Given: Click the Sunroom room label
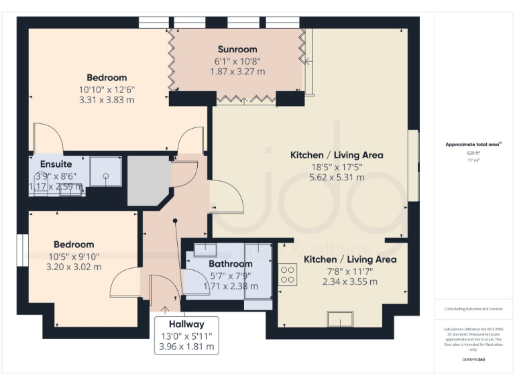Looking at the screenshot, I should pos(237,49).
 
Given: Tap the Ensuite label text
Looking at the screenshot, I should pos(56,164).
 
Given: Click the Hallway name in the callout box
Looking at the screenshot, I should pos(186,324).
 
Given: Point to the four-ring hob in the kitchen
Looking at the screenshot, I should pos(288,274).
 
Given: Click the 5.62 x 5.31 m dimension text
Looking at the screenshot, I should pos(337,178).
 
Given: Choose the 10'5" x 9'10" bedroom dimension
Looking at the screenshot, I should pos(74,256).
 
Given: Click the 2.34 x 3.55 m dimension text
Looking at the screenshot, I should pos(350,281).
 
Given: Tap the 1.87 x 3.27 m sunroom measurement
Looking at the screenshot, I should pos(237,71).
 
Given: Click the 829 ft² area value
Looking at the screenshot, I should pos(474,153).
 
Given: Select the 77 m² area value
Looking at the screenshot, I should pos(474,162).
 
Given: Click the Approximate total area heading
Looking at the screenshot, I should pos(473,144).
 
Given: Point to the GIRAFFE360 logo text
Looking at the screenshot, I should pos(473,360).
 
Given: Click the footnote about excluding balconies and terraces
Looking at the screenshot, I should pos(473,308).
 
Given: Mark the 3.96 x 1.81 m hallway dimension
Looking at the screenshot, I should pos(186,346).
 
